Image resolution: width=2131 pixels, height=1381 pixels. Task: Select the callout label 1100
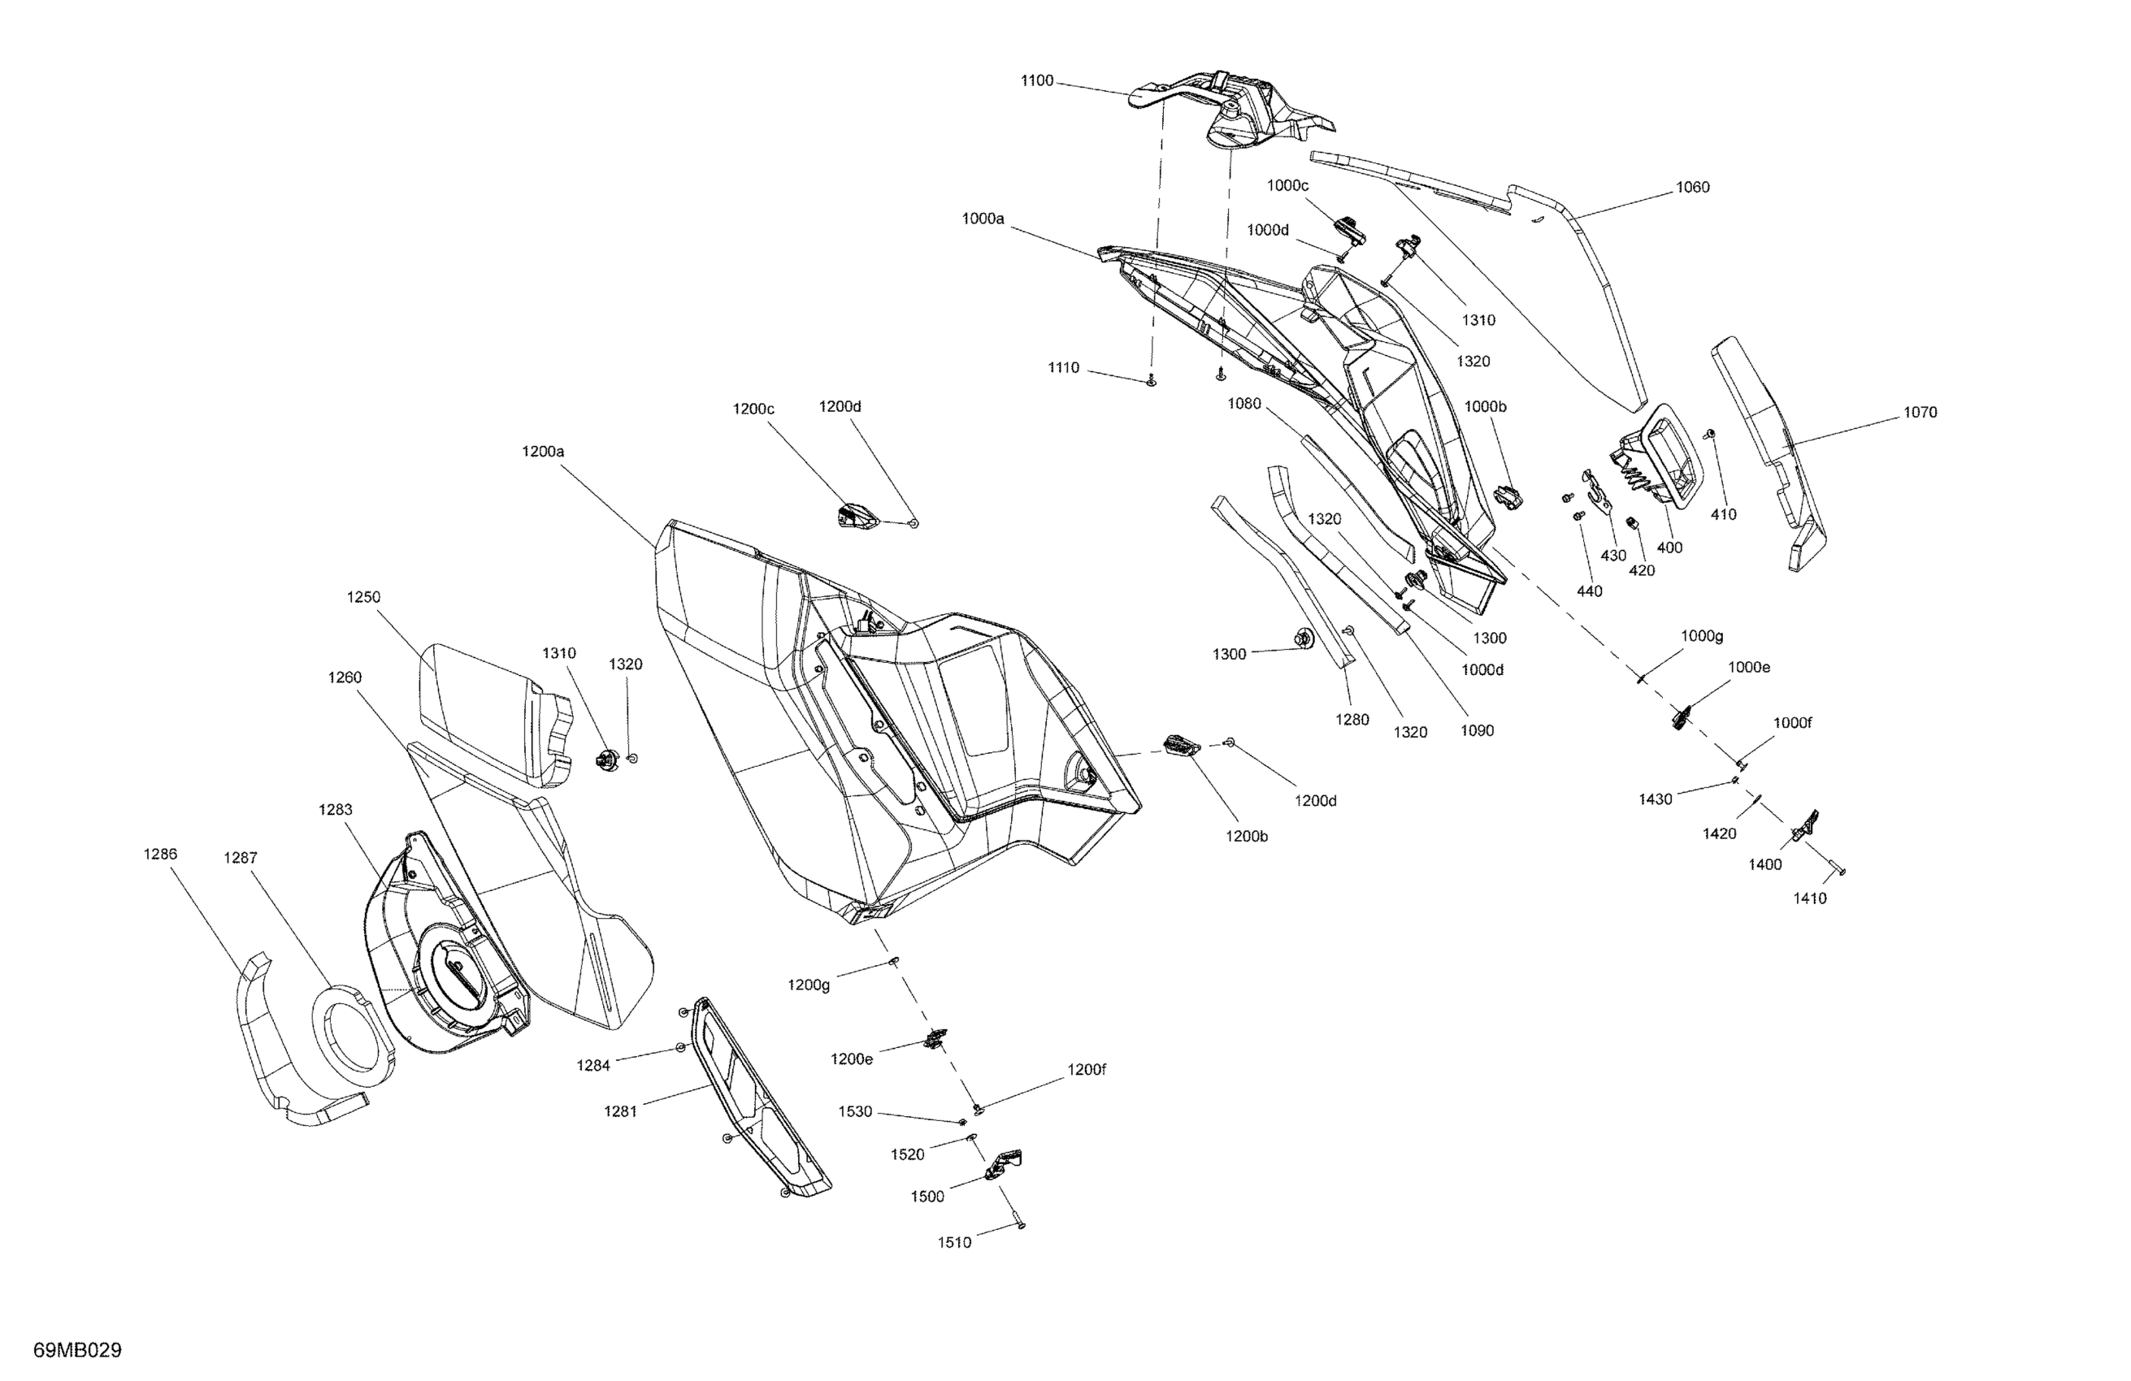click(x=1037, y=80)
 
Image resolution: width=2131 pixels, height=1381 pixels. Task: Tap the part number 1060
click(x=1691, y=187)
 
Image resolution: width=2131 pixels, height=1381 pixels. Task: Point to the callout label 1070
click(x=1919, y=413)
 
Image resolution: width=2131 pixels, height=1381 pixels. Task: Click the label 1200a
click(x=543, y=452)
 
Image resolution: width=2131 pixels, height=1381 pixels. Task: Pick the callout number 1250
click(x=363, y=597)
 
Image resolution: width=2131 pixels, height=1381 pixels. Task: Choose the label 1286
click(x=160, y=854)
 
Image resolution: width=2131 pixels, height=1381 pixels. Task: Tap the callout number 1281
click(x=619, y=1111)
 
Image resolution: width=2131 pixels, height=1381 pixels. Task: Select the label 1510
click(x=953, y=1242)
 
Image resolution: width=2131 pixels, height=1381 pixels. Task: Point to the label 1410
click(x=1808, y=898)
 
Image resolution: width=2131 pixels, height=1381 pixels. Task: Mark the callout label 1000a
click(x=983, y=219)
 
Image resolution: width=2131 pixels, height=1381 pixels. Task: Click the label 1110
click(x=1064, y=368)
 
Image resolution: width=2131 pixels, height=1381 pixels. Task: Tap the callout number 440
click(x=1589, y=591)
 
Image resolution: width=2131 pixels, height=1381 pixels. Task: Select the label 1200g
click(x=809, y=985)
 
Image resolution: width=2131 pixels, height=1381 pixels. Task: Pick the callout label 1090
click(x=1477, y=730)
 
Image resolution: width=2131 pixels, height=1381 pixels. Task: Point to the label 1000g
click(x=1701, y=636)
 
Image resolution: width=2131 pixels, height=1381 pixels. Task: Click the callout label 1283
click(x=335, y=809)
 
